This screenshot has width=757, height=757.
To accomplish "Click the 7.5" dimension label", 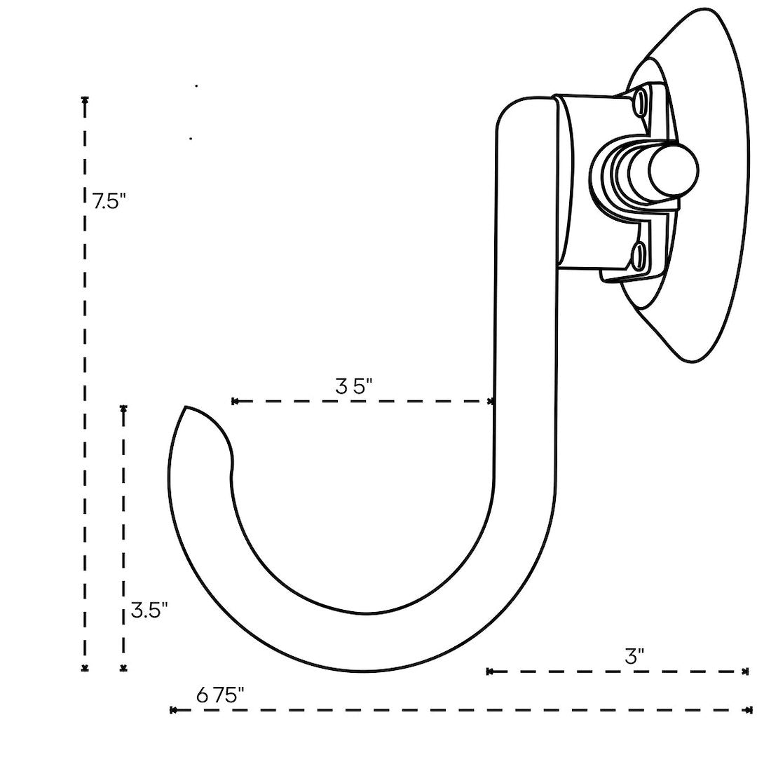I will click(108, 201).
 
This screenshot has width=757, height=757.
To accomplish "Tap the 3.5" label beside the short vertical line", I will click(149, 610).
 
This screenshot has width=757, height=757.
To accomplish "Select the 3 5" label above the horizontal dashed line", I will click(353, 386).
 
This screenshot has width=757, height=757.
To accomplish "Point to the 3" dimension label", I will click(634, 657).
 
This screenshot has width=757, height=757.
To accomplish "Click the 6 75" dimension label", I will click(220, 695).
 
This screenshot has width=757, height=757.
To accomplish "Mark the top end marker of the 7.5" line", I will click(85, 100).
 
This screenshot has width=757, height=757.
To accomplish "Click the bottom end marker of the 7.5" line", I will click(85, 669).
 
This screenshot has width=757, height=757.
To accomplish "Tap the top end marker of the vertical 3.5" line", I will click(124, 408).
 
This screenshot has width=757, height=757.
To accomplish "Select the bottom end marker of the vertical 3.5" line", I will click(124, 669).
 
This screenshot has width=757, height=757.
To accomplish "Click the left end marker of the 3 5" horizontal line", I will click(235, 401).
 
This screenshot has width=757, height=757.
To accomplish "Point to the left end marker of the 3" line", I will click(489, 671).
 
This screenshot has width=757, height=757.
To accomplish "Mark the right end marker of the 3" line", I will click(745, 671).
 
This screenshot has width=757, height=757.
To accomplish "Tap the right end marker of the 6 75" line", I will click(749, 710).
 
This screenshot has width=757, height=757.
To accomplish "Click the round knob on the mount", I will click(673, 168).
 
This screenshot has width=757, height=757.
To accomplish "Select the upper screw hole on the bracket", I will click(641, 101).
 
